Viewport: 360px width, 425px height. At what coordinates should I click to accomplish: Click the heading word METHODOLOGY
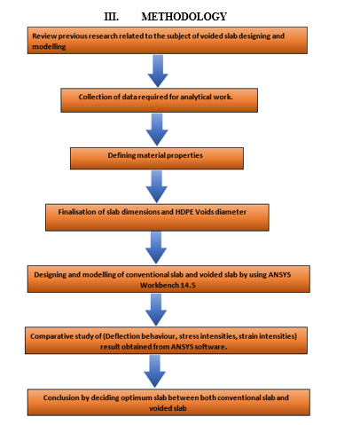click(184, 17)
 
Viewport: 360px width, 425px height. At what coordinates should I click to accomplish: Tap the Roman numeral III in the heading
click(112, 17)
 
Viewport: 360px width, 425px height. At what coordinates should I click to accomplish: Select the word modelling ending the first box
click(49, 47)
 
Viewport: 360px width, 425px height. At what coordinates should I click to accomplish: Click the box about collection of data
click(160, 100)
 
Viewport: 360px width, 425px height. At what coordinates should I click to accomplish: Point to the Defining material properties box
click(157, 159)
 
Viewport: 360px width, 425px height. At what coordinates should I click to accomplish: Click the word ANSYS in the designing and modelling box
click(279, 275)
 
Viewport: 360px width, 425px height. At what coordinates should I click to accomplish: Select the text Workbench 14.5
click(168, 286)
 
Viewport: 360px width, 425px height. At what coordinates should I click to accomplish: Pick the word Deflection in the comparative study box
click(122, 336)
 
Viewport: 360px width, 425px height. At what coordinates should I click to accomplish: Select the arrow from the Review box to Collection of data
click(158, 71)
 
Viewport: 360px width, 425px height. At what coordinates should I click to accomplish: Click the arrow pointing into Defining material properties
click(157, 130)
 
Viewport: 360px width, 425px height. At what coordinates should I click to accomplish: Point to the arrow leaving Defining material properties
click(157, 186)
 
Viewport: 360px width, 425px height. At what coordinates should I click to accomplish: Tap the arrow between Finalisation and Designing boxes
click(156, 248)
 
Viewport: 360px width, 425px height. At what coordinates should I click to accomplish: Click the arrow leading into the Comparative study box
click(156, 310)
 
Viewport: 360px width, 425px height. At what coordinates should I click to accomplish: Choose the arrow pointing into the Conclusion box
click(154, 371)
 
